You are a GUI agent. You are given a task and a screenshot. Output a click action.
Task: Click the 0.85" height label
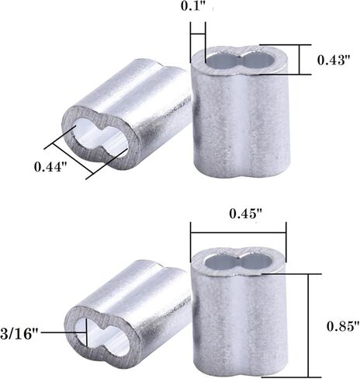click(341, 326)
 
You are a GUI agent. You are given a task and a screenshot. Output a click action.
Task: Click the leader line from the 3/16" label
click(66, 332)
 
